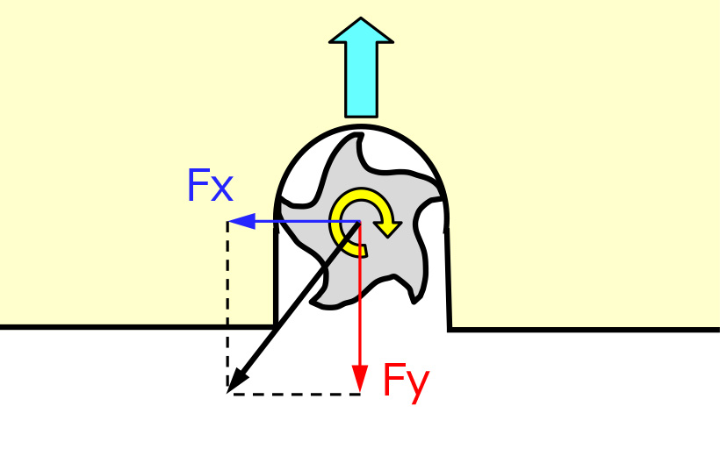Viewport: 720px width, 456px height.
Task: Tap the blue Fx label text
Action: pyautogui.click(x=210, y=185)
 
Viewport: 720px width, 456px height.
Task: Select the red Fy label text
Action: pyautogui.click(x=406, y=381)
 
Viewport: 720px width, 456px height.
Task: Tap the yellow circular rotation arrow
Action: pyautogui.click(x=363, y=223)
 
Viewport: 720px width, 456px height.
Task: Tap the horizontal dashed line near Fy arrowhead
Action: pyautogui.click(x=294, y=394)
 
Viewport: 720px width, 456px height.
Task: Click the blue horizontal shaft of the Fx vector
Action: pyautogui.click(x=299, y=221)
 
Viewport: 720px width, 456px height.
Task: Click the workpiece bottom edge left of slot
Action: pyautogui.click(x=132, y=327)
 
